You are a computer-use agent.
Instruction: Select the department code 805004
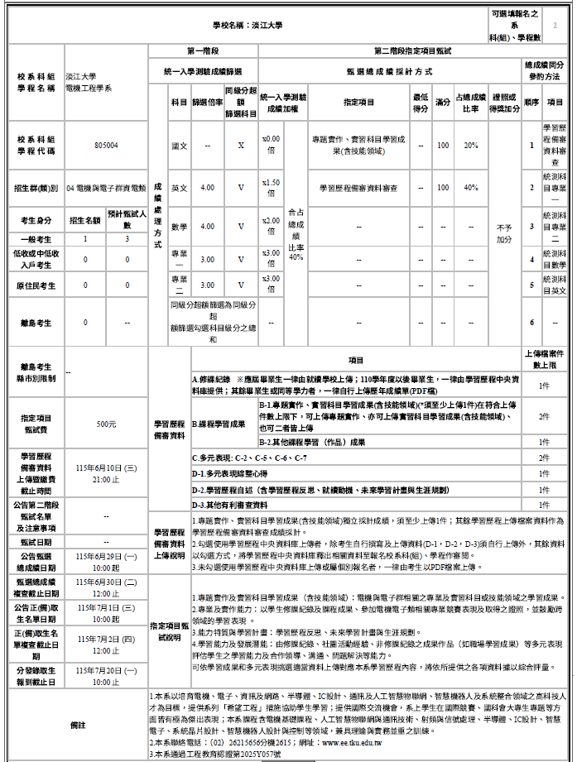(x=106, y=145)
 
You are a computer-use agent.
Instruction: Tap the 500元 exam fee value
(x=106, y=424)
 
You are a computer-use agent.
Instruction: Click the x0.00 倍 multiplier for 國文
(x=271, y=145)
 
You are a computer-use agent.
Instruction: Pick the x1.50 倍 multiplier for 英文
(x=271, y=188)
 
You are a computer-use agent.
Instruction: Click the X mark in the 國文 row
(x=241, y=145)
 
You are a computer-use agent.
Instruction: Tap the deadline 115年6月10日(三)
(x=106, y=467)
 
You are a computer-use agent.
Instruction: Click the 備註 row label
(x=78, y=725)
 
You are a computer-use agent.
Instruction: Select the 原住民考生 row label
(x=36, y=285)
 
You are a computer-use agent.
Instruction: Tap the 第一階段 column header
(x=203, y=51)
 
